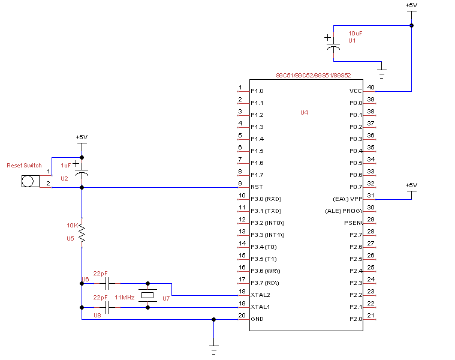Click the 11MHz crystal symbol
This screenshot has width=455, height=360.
pyautogui.click(x=147, y=295)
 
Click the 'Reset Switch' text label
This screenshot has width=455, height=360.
pyautogui.click(x=24, y=165)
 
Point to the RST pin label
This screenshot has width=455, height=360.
pyautogui.click(x=255, y=187)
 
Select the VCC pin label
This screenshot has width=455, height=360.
pyautogui.click(x=356, y=91)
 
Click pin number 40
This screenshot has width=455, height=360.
pyautogui.click(x=371, y=88)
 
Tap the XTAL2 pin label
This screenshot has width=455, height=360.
pyautogui.click(x=260, y=295)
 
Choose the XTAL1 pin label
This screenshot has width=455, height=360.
pyautogui.click(x=260, y=307)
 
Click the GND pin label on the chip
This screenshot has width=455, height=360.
pyautogui.click(x=257, y=319)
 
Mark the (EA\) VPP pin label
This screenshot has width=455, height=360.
pyautogui.click(x=348, y=199)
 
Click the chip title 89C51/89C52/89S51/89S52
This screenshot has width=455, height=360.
pyautogui.click(x=313, y=76)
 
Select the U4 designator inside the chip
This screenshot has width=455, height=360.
pyautogui.click(x=305, y=112)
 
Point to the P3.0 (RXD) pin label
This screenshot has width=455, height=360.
pyautogui.click(x=266, y=199)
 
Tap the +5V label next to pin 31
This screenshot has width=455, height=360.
pyautogui.click(x=411, y=185)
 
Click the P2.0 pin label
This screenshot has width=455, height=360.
pyautogui.click(x=356, y=319)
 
